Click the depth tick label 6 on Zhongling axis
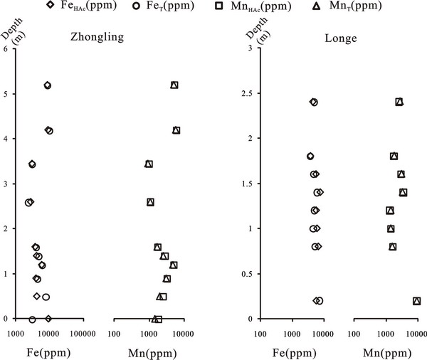tap(6, 49)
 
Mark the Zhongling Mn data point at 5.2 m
tap(174, 85)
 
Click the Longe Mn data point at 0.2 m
tap(416, 301)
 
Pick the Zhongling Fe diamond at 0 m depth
tap(48, 319)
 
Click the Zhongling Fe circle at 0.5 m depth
tap(46, 297)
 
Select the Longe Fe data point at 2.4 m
tap(313, 102)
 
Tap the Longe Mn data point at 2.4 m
tap(399, 102)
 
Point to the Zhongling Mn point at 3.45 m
tap(149, 164)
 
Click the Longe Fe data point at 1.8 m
tap(310, 157)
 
